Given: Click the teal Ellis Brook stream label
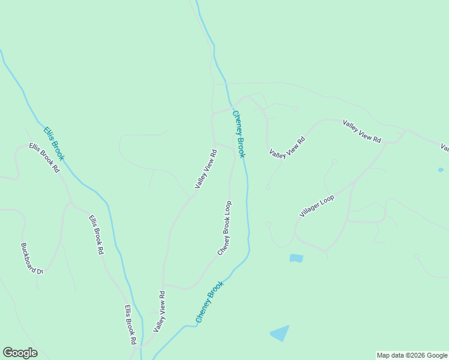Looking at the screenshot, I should click(53, 143).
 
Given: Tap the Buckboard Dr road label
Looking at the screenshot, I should click(32, 259).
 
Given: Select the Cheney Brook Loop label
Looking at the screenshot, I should click(224, 227).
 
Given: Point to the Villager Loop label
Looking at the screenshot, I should click(317, 206).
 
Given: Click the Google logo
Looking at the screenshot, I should click(20, 353).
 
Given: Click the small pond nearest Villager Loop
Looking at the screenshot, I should click(296, 258).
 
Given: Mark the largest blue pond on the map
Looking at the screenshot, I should click(280, 333).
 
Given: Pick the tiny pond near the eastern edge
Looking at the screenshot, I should click(441, 170).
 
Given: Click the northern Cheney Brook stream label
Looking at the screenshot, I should click(239, 134).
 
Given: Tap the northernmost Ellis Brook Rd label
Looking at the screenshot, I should click(45, 158).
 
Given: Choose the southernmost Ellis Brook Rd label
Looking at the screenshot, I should click(130, 324).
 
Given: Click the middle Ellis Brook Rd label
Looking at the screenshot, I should click(96, 235).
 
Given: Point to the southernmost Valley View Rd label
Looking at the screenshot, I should click(159, 311).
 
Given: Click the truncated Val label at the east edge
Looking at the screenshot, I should click(444, 148).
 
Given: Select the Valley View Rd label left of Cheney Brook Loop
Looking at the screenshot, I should click(205, 169).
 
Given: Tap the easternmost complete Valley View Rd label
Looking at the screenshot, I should click(362, 131).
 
